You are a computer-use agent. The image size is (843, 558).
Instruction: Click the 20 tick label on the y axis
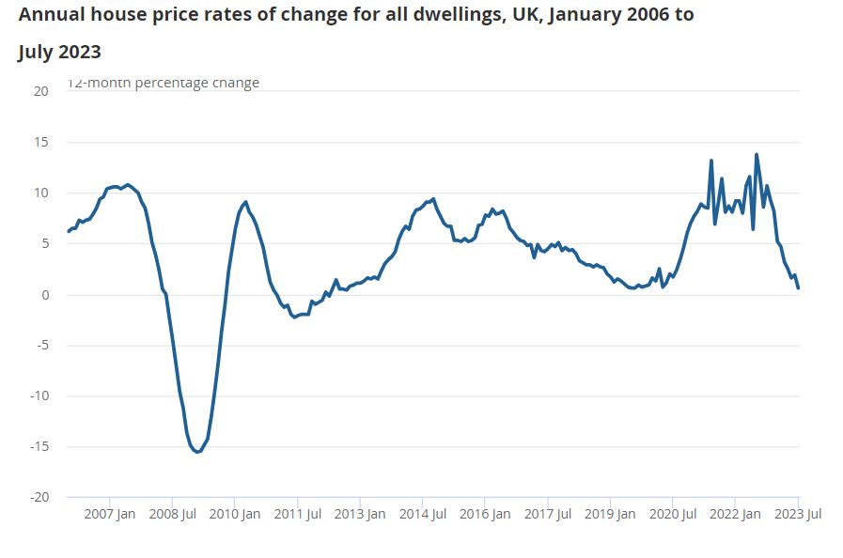click(40, 91)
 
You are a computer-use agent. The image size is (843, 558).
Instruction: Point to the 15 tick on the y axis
click(40, 143)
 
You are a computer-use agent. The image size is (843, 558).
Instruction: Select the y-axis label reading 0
click(44, 295)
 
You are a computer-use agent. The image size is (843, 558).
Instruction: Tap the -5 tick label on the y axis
click(40, 345)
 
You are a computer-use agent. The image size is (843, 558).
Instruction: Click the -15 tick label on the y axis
click(38, 446)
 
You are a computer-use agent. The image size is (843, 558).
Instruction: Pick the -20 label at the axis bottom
click(38, 497)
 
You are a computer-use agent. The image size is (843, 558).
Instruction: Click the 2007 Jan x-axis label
click(110, 514)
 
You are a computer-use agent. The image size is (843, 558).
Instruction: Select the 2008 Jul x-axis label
click(172, 514)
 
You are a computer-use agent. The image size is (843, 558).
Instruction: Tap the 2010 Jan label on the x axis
click(235, 514)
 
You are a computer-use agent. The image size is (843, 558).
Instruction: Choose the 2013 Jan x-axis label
click(360, 514)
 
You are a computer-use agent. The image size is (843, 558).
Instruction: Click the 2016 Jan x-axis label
click(485, 514)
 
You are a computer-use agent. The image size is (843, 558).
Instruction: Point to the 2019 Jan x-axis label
click(610, 514)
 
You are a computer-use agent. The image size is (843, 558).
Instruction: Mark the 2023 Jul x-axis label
click(797, 514)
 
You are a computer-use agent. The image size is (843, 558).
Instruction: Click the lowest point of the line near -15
click(197, 452)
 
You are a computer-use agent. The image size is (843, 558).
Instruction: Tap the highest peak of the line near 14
click(757, 155)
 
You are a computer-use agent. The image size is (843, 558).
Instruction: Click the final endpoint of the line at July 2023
click(798, 288)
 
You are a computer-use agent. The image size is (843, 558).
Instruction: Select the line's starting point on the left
click(69, 231)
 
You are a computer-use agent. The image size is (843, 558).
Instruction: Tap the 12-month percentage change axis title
click(163, 83)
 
